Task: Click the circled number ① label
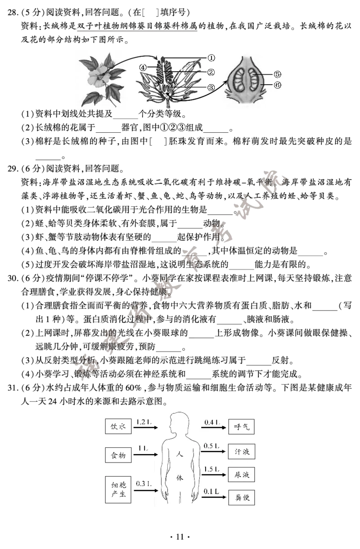pyautogui.click(x=211, y=58)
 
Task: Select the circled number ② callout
pyautogui.click(x=211, y=72)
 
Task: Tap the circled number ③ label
pyautogui.click(x=211, y=87)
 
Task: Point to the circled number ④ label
pyautogui.click(x=143, y=67)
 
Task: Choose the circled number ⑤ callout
pyautogui.click(x=277, y=74)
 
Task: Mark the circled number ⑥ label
pyautogui.click(x=277, y=85)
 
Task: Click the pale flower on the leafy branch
pyautogui.click(x=99, y=78)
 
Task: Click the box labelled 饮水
pyautogui.click(x=118, y=427)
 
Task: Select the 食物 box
pyautogui.click(x=118, y=455)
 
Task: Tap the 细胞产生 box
pyautogui.click(x=118, y=490)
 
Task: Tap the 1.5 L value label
pyautogui.click(x=211, y=469)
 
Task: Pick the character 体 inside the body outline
pyautogui.click(x=180, y=477)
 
